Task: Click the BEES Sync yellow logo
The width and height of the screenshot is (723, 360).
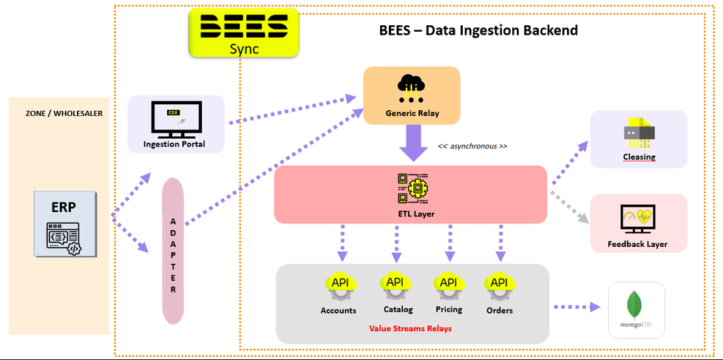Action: (244, 33)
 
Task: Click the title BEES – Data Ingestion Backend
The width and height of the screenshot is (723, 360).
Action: (478, 30)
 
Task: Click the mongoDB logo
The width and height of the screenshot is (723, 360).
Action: (634, 309)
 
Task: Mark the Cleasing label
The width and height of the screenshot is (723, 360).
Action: (639, 157)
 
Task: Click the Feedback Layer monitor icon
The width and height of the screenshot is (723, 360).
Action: (638, 219)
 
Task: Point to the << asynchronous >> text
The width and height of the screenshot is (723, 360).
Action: (472, 146)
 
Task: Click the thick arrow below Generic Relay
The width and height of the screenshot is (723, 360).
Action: (412, 143)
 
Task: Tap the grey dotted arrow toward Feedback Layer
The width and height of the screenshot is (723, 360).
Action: (569, 207)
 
